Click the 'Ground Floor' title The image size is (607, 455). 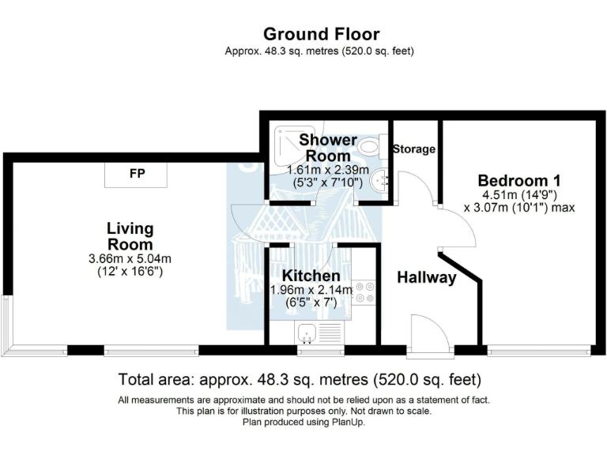tap(321, 34)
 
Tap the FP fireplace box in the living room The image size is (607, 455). tap(137, 175)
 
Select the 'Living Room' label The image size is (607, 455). tap(130, 236)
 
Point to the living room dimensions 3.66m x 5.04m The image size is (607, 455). tap(130, 258)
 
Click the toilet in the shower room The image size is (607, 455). tap(370, 146)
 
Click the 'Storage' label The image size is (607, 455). tap(413, 149)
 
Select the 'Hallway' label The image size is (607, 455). tap(426, 277)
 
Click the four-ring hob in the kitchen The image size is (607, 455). tap(365, 292)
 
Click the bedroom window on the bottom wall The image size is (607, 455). tap(539, 348)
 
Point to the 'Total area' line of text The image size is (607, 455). tap(299, 378)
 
